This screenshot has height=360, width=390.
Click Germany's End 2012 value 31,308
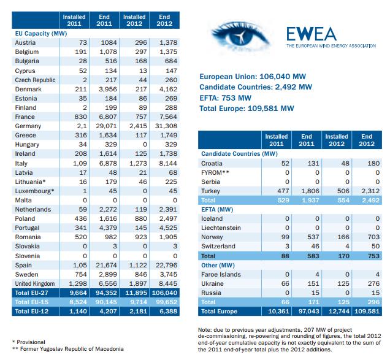[x=166, y=126]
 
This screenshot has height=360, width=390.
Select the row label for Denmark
[x=28, y=90]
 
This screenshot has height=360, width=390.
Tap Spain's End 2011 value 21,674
[x=106, y=265]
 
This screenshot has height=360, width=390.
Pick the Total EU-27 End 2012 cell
[x=164, y=293]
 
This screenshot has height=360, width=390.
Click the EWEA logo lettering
[x=312, y=34]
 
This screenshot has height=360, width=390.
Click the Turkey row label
[x=210, y=191]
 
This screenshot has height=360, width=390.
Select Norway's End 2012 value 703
[x=373, y=237]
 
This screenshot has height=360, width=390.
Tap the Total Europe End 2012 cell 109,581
[x=367, y=312]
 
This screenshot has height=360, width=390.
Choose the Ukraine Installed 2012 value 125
[x=343, y=284]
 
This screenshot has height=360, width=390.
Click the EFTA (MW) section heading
[x=217, y=210]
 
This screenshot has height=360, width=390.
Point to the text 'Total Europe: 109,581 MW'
[x=247, y=109]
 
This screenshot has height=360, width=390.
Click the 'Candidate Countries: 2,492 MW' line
[x=256, y=87]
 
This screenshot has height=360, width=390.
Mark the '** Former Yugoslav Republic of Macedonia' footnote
[x=68, y=349]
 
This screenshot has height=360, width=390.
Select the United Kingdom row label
[x=35, y=284]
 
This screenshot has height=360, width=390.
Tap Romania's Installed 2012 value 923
[x=141, y=237]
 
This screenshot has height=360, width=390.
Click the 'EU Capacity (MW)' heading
[x=41, y=34]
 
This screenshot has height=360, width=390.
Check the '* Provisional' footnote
[x=29, y=342]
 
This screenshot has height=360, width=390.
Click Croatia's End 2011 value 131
[x=313, y=164]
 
